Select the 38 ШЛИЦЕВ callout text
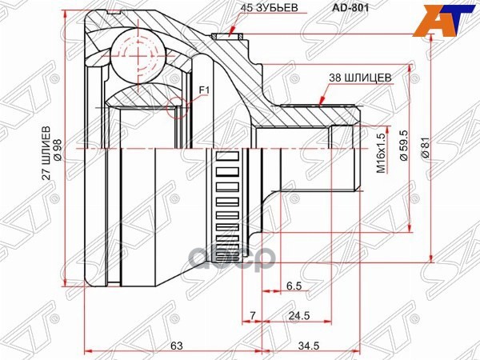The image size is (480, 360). point(359,78)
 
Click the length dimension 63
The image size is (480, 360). point(178,346)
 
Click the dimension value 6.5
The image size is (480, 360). point(293,286)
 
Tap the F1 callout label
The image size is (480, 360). point(202,90)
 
